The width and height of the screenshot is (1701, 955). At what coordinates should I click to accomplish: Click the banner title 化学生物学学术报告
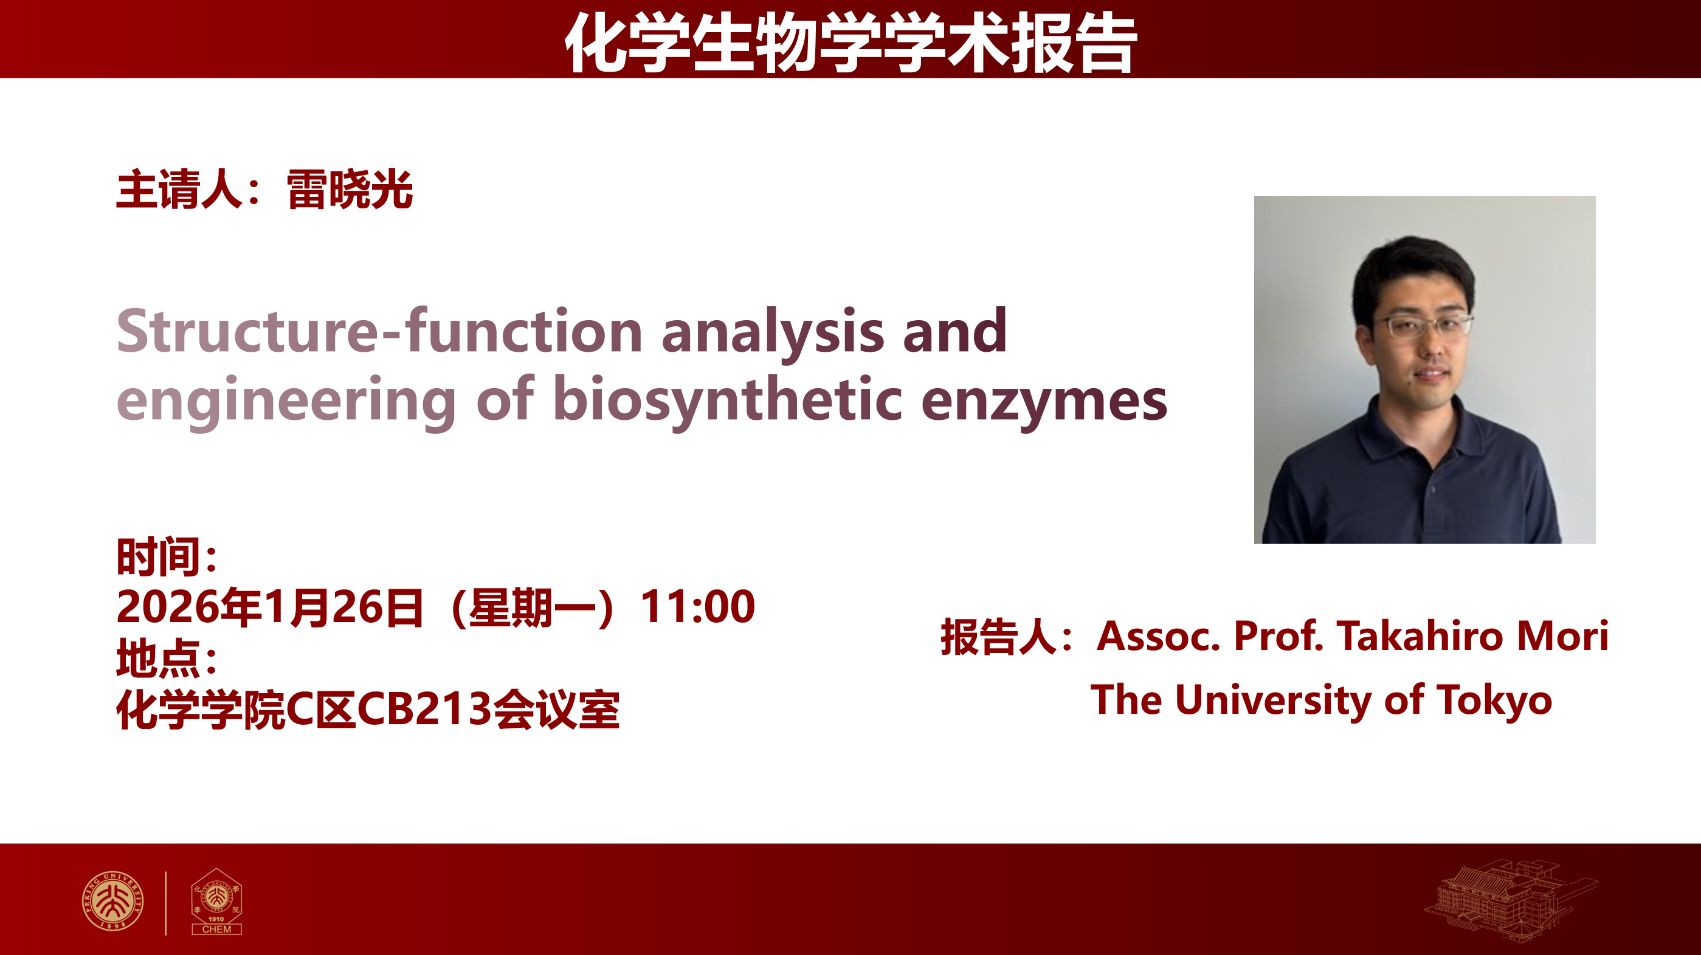pyautogui.click(x=850, y=43)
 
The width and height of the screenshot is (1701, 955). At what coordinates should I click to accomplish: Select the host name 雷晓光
pyautogui.click(x=350, y=190)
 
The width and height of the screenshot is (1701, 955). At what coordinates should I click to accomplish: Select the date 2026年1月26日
pyautogui.click(x=270, y=606)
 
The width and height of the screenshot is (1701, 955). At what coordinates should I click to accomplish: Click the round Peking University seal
pyautogui.click(x=113, y=901)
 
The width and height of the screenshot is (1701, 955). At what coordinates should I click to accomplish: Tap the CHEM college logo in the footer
pyautogui.click(x=216, y=902)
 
